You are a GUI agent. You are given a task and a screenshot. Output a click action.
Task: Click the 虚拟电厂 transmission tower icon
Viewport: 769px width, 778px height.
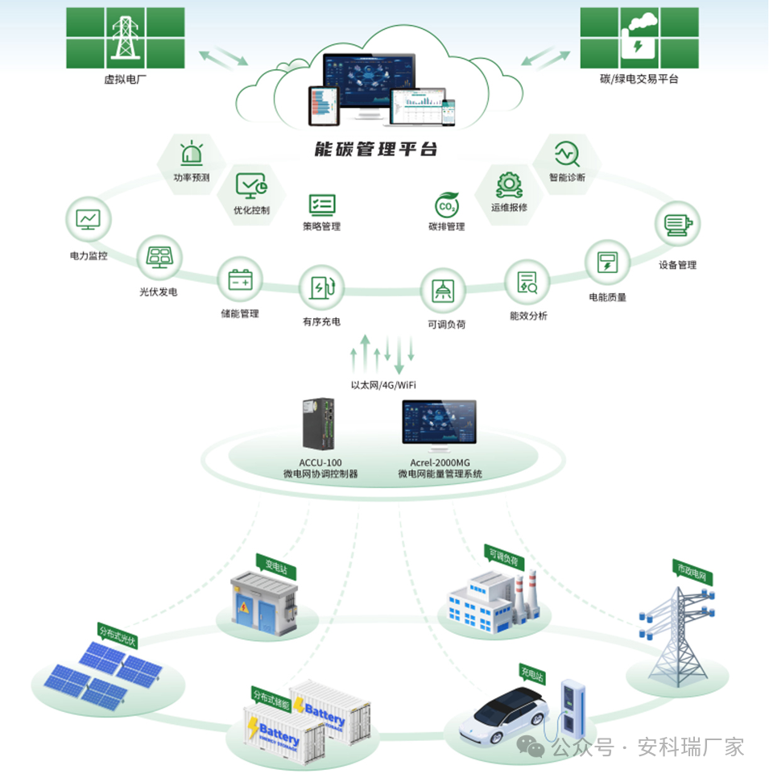(124, 37)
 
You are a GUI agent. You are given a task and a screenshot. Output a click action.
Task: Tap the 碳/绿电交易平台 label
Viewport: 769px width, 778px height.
(639, 79)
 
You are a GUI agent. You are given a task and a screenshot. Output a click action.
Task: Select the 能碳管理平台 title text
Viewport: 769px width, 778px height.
(376, 150)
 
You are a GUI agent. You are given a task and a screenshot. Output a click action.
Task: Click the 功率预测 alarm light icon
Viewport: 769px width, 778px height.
(192, 154)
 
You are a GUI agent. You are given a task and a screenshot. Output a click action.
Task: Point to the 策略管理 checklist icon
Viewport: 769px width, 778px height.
(322, 204)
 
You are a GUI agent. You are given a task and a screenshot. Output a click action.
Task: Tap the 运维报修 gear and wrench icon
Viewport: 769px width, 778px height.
(509, 184)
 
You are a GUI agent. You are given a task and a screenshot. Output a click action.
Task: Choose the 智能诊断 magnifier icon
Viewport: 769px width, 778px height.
(567, 151)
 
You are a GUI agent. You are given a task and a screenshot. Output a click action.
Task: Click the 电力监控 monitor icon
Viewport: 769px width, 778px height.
(88, 219)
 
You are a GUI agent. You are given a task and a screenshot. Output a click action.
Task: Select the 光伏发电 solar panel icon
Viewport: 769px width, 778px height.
(158, 258)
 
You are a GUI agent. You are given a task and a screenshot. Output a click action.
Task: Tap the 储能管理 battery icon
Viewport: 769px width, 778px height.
(240, 279)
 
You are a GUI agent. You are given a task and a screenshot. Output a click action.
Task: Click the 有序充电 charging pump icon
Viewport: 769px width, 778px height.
(322, 287)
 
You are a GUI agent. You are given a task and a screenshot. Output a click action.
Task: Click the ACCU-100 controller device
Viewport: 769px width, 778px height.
(320, 424)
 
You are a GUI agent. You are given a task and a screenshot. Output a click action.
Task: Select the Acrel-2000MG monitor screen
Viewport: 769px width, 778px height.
(439, 422)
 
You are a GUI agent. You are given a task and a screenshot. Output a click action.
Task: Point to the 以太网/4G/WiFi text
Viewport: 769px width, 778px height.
(383, 385)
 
